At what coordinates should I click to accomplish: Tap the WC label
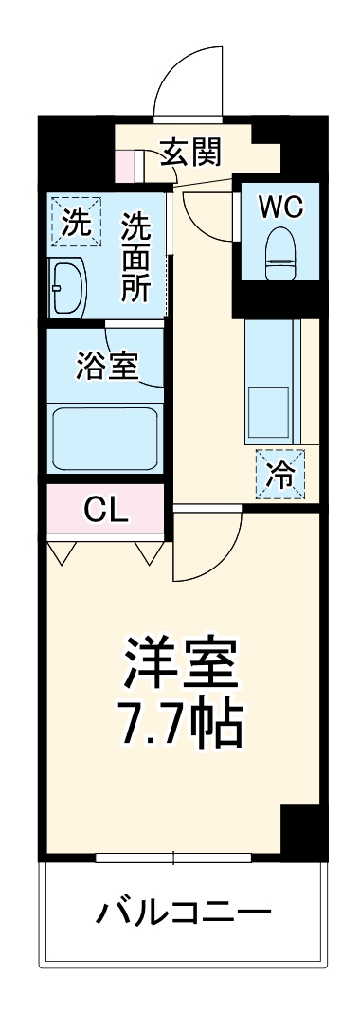coord(279,204)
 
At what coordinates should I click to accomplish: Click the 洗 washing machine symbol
coord(73,222)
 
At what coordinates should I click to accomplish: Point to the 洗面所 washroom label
coord(135,258)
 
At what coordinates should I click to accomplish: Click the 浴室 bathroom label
coord(107,365)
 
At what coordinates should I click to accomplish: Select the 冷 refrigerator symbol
coord(280,472)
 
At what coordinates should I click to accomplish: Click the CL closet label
coord(105,511)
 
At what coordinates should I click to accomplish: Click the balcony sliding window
coord(174,859)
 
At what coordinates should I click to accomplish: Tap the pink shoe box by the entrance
coord(126,167)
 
